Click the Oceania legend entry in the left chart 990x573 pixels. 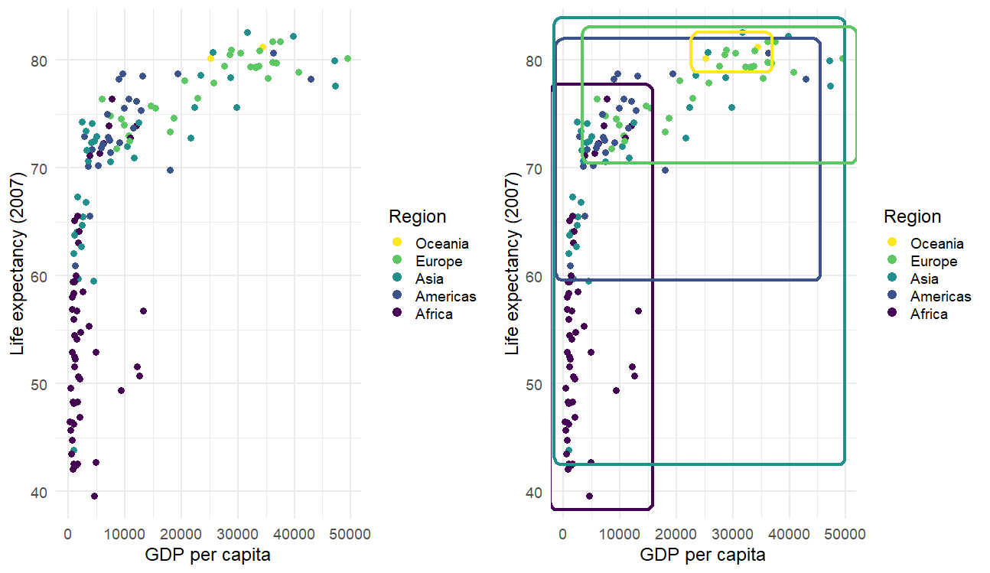pyautogui.click(x=441, y=243)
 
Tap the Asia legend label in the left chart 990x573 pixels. pyautogui.click(x=429, y=278)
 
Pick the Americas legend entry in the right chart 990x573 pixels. pyautogui.click(x=940, y=296)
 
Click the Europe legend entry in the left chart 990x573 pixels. pyautogui.click(x=438, y=261)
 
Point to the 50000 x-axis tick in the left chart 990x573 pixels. pyautogui.click(x=350, y=532)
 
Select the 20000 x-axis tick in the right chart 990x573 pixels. pyautogui.click(x=676, y=532)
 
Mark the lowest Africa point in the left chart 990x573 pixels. pyautogui.click(x=94, y=496)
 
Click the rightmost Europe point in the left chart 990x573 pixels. pyautogui.click(x=347, y=58)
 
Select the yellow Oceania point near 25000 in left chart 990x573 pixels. pyautogui.click(x=210, y=58)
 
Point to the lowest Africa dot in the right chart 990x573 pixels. pyautogui.click(x=589, y=496)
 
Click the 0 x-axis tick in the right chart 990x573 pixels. pyautogui.click(x=563, y=532)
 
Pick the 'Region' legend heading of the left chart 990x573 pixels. pyautogui.click(x=417, y=217)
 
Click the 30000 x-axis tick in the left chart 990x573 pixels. pyautogui.click(x=237, y=532)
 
